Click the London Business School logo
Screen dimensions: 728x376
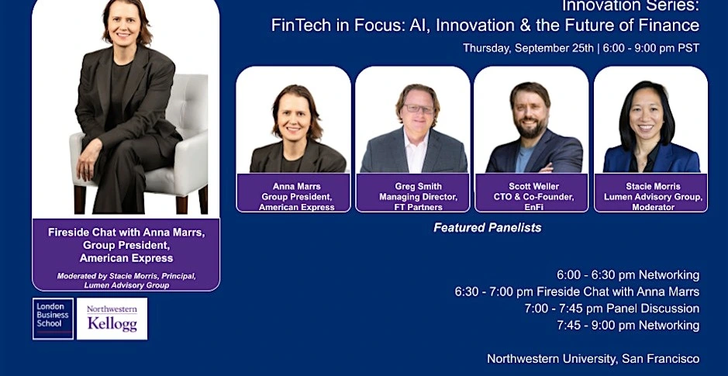(x=53, y=319)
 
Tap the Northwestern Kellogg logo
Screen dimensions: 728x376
(x=112, y=319)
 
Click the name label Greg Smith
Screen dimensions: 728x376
(x=419, y=187)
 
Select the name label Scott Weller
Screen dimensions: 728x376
(x=533, y=187)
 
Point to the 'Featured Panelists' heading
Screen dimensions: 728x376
(x=488, y=227)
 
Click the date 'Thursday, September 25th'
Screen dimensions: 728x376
(x=528, y=48)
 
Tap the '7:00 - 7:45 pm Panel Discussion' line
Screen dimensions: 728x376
(x=612, y=309)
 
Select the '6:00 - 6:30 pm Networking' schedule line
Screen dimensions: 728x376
(x=628, y=275)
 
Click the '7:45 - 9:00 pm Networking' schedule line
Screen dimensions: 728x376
(x=628, y=326)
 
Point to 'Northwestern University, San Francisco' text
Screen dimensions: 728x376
(x=593, y=359)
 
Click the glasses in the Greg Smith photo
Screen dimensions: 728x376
(x=419, y=109)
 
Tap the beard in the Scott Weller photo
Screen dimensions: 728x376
(x=531, y=127)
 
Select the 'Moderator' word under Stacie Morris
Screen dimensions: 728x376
(x=653, y=207)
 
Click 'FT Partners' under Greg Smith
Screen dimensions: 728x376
(x=419, y=207)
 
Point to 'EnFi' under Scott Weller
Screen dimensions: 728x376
(x=533, y=207)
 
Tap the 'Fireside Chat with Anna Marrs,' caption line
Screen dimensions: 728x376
(x=126, y=232)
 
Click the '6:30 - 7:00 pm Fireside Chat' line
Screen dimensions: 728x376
(x=577, y=292)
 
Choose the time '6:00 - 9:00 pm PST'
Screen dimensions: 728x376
(x=651, y=48)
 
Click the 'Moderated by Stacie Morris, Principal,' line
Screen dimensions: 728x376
(x=126, y=276)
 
